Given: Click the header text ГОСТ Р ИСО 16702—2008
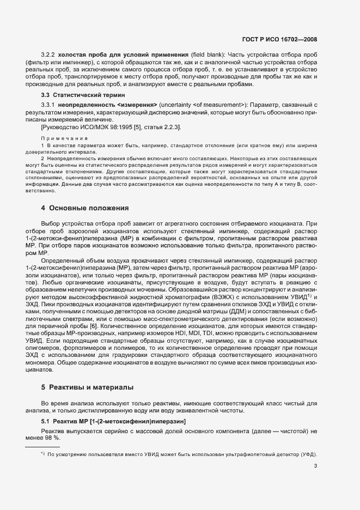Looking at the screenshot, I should (x=280, y=39).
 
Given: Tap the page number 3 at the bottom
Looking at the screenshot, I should (x=315, y=466).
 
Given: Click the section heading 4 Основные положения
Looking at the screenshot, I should (x=85, y=208).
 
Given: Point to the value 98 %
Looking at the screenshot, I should (x=53, y=438).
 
